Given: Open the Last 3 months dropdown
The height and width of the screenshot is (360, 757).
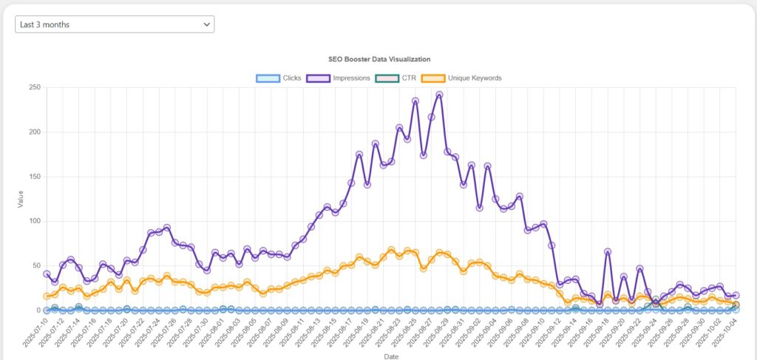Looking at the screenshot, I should click(x=115, y=24).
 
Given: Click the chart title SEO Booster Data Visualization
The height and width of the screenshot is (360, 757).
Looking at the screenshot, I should click(x=379, y=58).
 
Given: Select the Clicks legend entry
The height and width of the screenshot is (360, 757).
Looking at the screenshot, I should click(x=278, y=78).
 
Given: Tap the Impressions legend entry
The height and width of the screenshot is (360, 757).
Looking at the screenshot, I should click(x=339, y=78).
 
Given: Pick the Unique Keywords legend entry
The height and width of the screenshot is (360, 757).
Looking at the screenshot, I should click(x=461, y=78).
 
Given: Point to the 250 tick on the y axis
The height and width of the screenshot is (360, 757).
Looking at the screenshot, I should click(x=33, y=87).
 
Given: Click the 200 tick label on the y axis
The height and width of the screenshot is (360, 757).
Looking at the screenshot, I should click(x=33, y=132).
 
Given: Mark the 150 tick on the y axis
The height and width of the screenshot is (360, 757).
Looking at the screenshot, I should click(x=33, y=177).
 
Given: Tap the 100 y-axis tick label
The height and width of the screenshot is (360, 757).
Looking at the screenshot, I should click(x=33, y=221).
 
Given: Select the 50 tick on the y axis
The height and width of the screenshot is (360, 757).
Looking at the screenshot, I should click(x=35, y=265).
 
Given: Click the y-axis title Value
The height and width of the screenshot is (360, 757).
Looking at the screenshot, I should click(x=20, y=199).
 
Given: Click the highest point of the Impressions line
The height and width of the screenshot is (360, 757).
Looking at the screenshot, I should click(x=439, y=95).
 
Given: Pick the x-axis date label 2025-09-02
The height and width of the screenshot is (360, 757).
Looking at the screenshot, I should click(x=469, y=333).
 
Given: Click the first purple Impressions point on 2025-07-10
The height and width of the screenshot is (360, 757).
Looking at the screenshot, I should click(x=47, y=274).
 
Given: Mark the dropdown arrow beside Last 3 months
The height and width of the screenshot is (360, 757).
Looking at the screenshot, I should click(x=206, y=24).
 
